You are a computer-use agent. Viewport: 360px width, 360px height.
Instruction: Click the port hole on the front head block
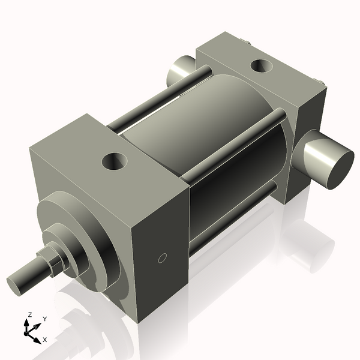[x=115, y=160]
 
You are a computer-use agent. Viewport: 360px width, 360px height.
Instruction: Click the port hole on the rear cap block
[x=261, y=65]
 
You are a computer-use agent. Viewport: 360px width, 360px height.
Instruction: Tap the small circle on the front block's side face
[x=161, y=258]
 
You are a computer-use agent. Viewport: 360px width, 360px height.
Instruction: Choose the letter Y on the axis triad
[x=44, y=319]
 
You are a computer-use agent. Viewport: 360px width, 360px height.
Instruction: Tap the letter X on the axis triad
[x=44, y=340]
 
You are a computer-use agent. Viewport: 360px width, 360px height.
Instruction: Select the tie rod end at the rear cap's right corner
[x=322, y=82]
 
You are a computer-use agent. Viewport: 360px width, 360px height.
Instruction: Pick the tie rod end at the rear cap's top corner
[x=247, y=41]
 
